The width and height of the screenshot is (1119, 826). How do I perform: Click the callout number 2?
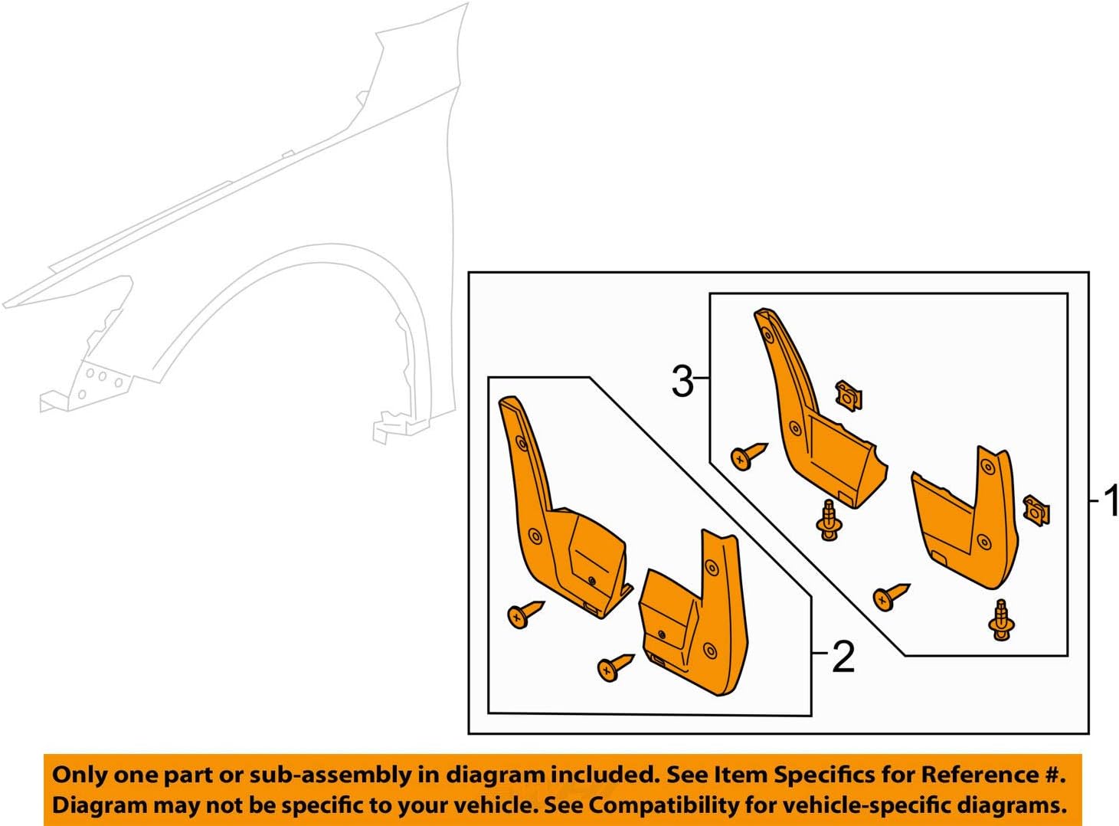[843, 657]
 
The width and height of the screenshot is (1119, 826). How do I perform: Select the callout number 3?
[682, 381]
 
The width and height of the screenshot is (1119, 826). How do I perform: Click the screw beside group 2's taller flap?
[525, 613]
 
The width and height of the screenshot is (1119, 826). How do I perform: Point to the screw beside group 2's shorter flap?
[615, 667]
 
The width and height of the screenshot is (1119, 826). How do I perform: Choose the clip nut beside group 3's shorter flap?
[1036, 510]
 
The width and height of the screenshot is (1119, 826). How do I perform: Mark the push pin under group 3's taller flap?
[829, 520]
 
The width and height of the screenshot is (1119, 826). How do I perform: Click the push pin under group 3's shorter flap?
[1001, 620]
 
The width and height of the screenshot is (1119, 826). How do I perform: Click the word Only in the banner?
[80, 775]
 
